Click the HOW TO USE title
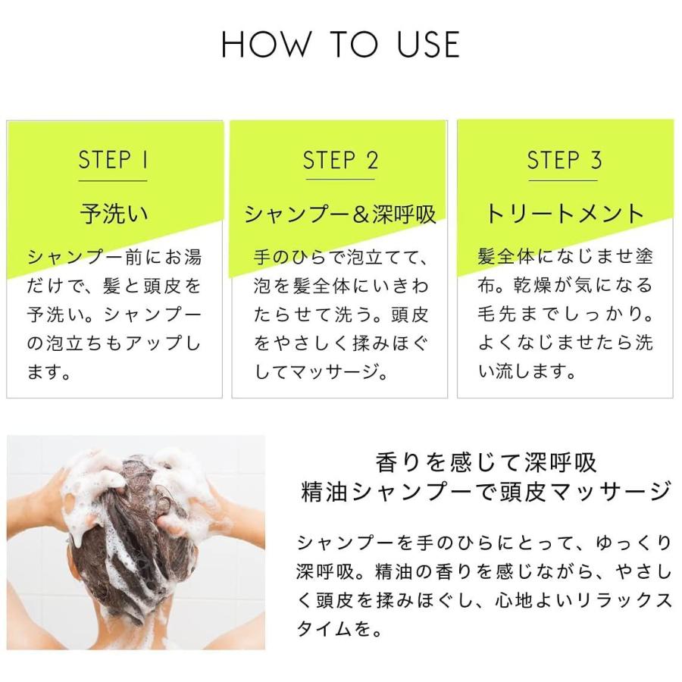[340, 44]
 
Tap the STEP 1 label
[113, 160]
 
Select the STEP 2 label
[340, 160]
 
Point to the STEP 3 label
[564, 160]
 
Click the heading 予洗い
[114, 214]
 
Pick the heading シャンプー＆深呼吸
[339, 214]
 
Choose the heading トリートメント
[564, 214]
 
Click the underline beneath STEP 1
[113, 180]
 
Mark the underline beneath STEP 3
[563, 180]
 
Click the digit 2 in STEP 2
[372, 160]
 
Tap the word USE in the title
[428, 44]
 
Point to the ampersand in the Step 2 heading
[361, 214]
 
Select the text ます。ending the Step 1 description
[48, 372]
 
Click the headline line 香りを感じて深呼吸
[486, 462]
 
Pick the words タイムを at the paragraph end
[333, 628]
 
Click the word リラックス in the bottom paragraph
[624, 601]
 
